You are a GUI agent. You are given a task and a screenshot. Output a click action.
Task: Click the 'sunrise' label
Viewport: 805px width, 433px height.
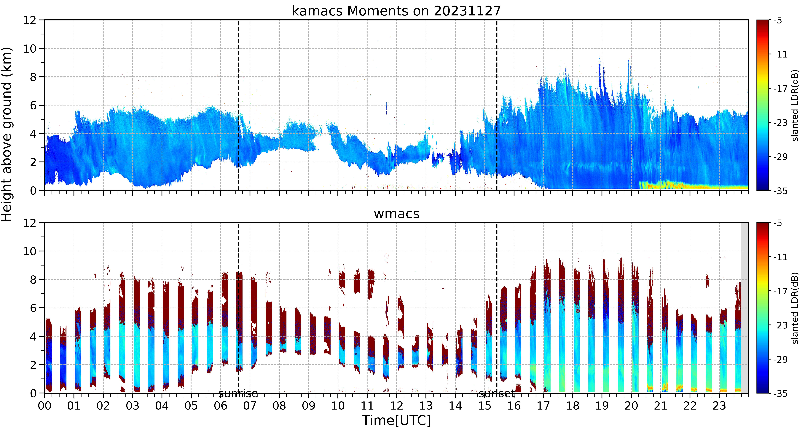[x=238, y=394]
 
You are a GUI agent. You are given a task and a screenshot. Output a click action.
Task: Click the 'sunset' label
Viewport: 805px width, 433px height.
[x=497, y=394]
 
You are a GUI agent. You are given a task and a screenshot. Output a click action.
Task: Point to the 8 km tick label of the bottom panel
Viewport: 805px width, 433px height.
[x=33, y=280]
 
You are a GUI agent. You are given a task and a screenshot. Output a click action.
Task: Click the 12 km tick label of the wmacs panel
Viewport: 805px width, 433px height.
[x=30, y=223]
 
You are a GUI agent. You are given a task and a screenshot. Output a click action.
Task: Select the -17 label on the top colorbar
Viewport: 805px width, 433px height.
[x=780, y=89]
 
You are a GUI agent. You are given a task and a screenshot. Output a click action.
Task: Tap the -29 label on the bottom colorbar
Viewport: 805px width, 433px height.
[x=780, y=359]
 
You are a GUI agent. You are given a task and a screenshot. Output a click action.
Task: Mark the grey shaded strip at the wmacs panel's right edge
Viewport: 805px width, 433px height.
[x=745, y=308]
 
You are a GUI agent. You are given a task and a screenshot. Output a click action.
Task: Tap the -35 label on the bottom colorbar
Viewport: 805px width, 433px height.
[x=780, y=393]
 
